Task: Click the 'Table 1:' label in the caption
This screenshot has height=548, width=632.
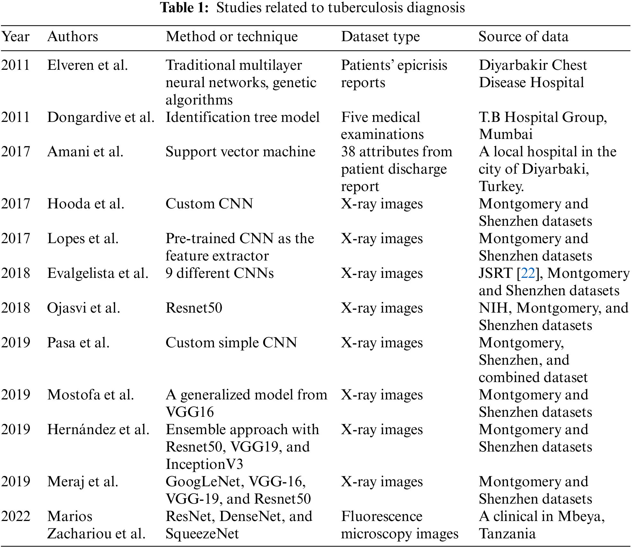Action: (x=184, y=8)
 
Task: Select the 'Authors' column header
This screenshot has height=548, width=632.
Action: (x=73, y=37)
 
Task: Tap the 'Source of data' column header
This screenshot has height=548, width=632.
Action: (x=523, y=37)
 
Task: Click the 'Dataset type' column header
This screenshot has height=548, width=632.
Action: (x=380, y=37)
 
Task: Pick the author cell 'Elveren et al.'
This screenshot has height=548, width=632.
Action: (x=87, y=65)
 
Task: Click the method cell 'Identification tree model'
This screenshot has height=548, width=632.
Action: (x=243, y=117)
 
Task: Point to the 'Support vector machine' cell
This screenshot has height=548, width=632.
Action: (x=240, y=152)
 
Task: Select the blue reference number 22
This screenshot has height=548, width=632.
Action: (x=528, y=273)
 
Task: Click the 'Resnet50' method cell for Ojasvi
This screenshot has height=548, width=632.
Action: (x=194, y=308)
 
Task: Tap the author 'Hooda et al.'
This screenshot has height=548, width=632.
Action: (x=85, y=204)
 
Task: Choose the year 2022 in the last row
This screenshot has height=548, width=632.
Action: (x=15, y=516)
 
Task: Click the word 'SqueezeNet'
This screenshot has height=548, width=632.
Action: (x=202, y=534)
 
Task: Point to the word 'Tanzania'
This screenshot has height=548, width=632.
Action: (x=507, y=534)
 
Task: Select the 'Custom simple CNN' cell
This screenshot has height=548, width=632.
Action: (x=231, y=343)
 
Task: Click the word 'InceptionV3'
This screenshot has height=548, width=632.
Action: (x=204, y=464)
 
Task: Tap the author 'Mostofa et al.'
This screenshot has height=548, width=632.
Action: (x=90, y=395)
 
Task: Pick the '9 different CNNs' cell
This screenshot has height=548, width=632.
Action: (x=219, y=273)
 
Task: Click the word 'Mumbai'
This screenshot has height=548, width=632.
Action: (x=505, y=134)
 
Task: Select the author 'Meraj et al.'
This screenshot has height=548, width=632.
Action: (x=83, y=482)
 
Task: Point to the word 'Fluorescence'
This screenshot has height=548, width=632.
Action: (x=381, y=516)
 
